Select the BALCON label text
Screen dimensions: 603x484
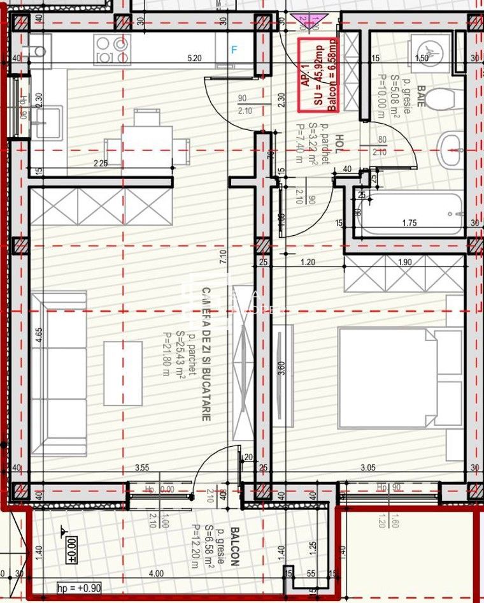click(234, 546)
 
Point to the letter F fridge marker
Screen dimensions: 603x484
click(234, 50)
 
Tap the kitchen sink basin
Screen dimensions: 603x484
click(49, 122)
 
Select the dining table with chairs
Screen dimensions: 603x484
click(147, 138)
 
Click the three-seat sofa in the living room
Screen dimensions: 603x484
click(59, 374)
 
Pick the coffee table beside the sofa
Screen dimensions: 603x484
click(123, 374)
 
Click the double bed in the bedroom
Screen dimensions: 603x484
click(400, 377)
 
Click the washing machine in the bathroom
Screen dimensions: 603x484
click(429, 50)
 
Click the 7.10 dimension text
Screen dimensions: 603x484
click(224, 257)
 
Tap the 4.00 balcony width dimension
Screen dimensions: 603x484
click(155, 574)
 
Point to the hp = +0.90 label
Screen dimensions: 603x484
click(78, 588)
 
